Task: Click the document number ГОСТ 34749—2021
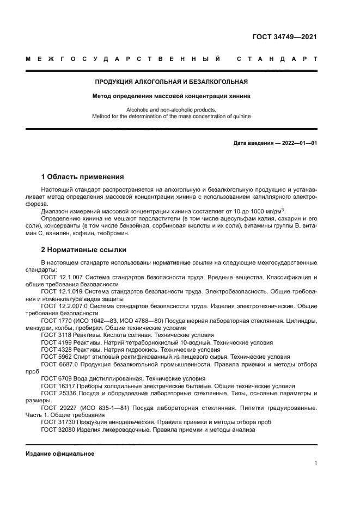tap(284, 37)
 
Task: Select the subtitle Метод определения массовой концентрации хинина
tap(172, 96)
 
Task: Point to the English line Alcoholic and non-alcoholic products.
tap(172, 109)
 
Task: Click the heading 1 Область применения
tap(82, 177)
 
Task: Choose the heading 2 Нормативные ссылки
tap(84, 250)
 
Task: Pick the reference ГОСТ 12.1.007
tap(61, 277)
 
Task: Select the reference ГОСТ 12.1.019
tap(61, 292)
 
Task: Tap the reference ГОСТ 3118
tap(56, 335)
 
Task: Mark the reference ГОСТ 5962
tap(56, 357)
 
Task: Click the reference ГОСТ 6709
tap(56, 378)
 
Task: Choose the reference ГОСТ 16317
tap(57, 385)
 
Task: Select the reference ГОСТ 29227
tap(57, 407)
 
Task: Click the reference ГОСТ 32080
tap(57, 429)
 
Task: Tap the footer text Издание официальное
tap(60, 453)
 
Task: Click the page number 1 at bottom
tap(315, 463)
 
